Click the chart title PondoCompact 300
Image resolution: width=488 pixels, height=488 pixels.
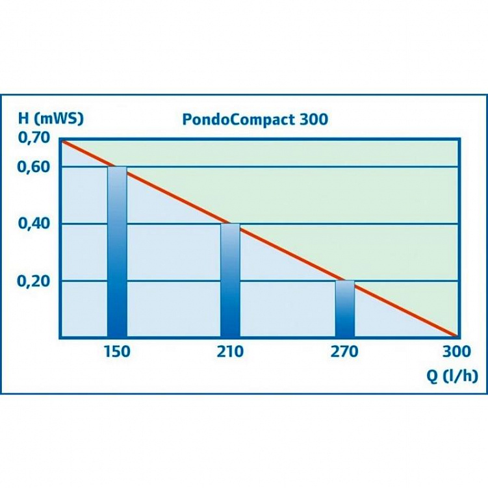(x=254, y=120)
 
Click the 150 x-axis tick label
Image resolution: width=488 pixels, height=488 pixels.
(x=117, y=353)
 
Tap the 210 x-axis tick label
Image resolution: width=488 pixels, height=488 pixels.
(x=231, y=353)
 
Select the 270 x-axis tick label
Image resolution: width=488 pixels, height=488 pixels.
(x=344, y=353)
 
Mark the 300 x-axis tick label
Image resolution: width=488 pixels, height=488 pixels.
(x=457, y=353)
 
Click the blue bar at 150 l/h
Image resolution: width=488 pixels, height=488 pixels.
(x=117, y=253)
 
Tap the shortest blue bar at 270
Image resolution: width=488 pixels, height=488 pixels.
(x=345, y=309)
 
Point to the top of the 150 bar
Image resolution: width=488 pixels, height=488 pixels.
(x=117, y=168)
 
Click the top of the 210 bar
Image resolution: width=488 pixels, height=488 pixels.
(x=231, y=224)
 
